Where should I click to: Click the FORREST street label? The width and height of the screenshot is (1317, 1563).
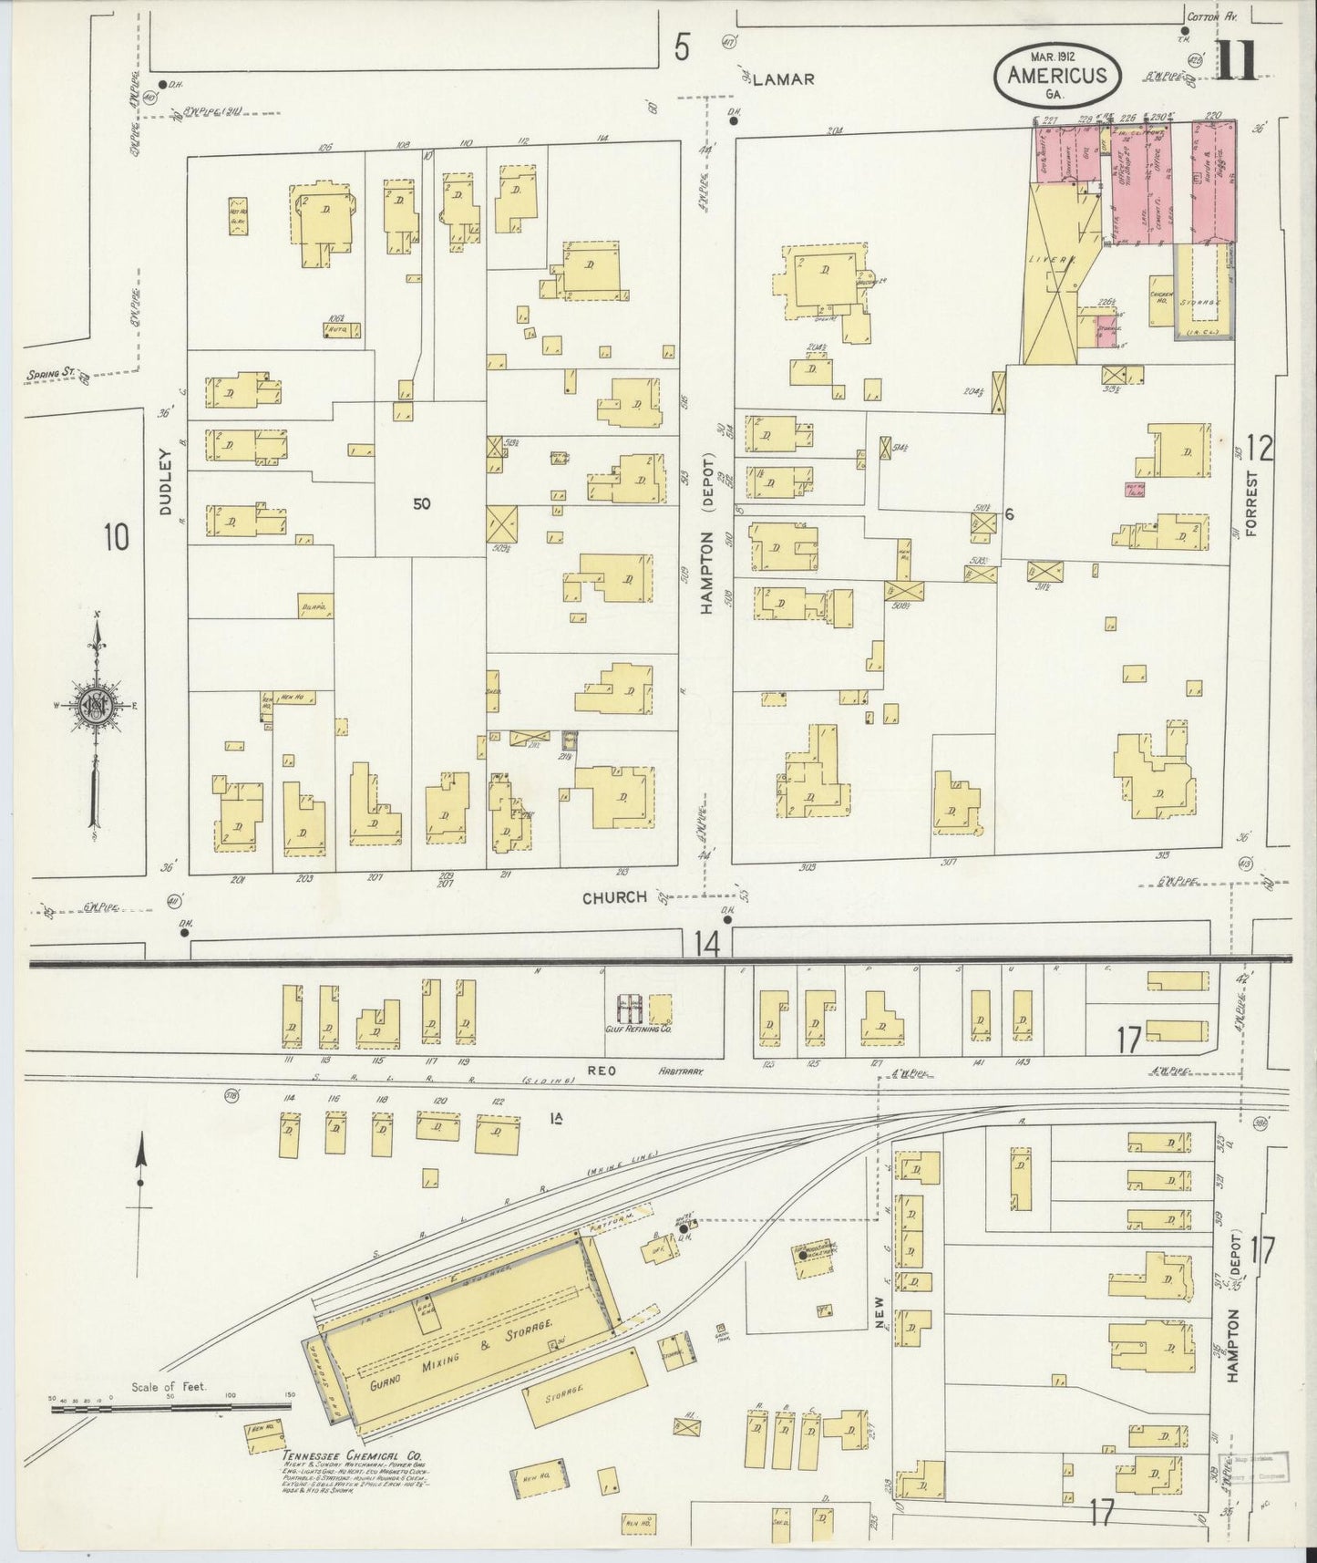point(1251,504)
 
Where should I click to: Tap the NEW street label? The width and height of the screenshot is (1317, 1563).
point(880,1314)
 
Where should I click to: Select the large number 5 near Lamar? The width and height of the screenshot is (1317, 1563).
point(681,47)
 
